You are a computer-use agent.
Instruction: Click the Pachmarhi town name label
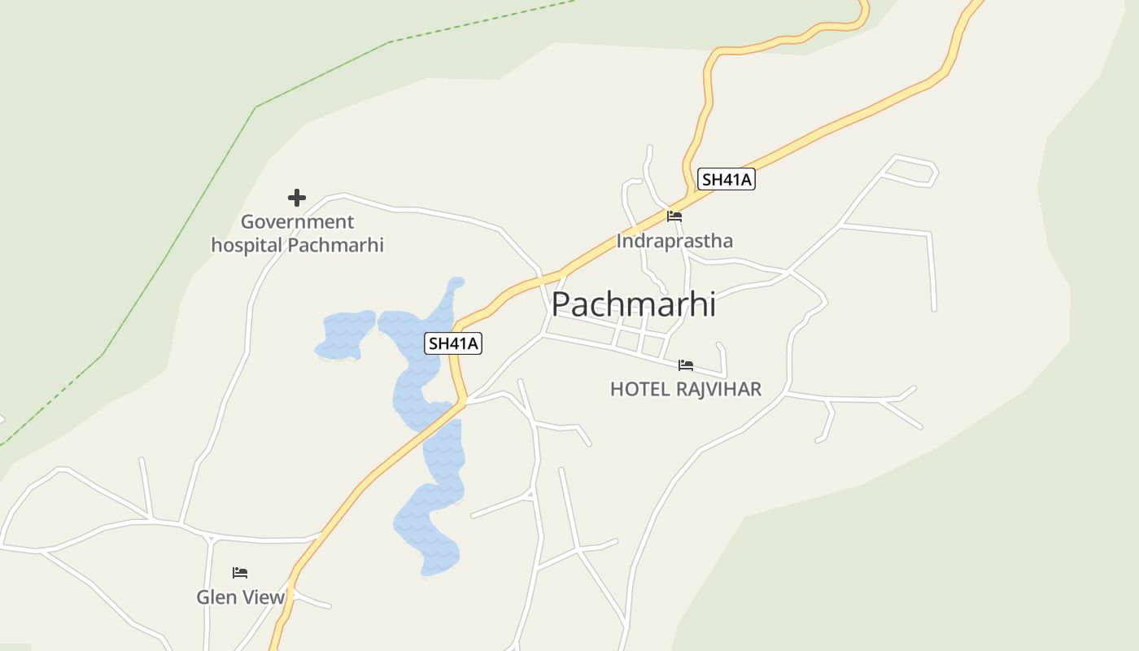(x=634, y=304)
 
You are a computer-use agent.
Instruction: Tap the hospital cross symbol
(x=297, y=197)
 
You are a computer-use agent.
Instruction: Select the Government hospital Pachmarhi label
(x=297, y=233)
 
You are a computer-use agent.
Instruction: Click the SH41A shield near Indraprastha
(x=727, y=180)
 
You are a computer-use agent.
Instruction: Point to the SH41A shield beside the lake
(x=453, y=343)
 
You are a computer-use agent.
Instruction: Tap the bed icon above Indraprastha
(x=674, y=216)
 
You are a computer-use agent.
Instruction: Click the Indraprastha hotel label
(x=674, y=241)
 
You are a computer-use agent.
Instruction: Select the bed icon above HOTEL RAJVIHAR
(x=686, y=365)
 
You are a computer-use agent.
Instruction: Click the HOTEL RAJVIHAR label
(x=686, y=389)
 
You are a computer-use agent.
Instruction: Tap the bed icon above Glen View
(x=240, y=573)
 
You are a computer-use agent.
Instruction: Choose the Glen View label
(x=241, y=597)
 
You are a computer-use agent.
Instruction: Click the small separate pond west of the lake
(x=346, y=334)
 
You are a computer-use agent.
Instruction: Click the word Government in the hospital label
(x=297, y=221)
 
